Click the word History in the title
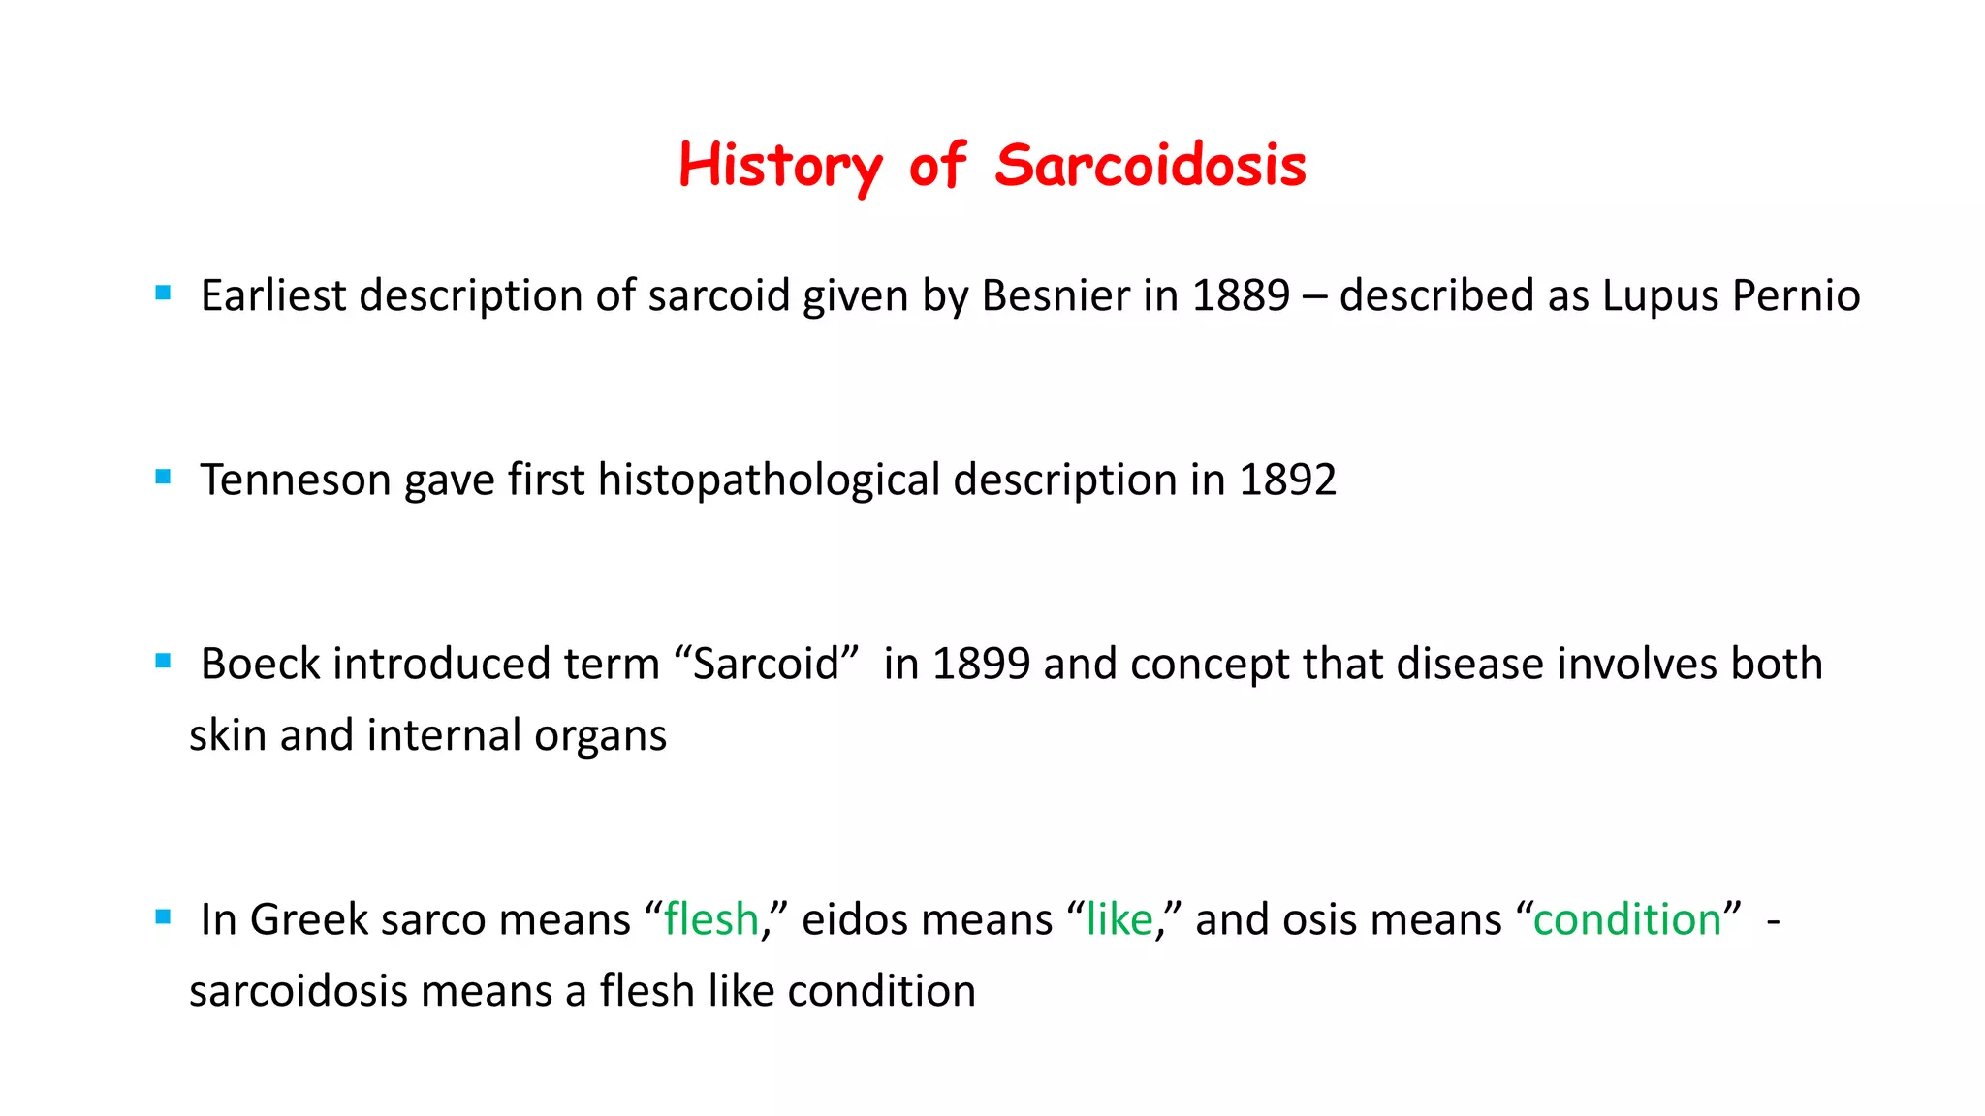pyautogui.click(x=780, y=166)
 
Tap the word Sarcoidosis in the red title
pyautogui.click(x=1150, y=166)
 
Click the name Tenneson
pyautogui.click(x=296, y=480)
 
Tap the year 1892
pyautogui.click(x=1287, y=480)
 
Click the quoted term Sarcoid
pyautogui.click(x=766, y=665)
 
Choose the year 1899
pyautogui.click(x=981, y=665)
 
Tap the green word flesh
pyautogui.click(x=711, y=919)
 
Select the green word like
pyautogui.click(x=1119, y=919)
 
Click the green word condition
pyautogui.click(x=1626, y=919)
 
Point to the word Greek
pyautogui.click(x=309, y=919)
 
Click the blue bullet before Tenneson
pyautogui.click(x=163, y=477)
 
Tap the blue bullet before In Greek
pyautogui.click(x=163, y=916)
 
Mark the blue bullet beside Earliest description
pyautogui.click(x=163, y=293)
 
